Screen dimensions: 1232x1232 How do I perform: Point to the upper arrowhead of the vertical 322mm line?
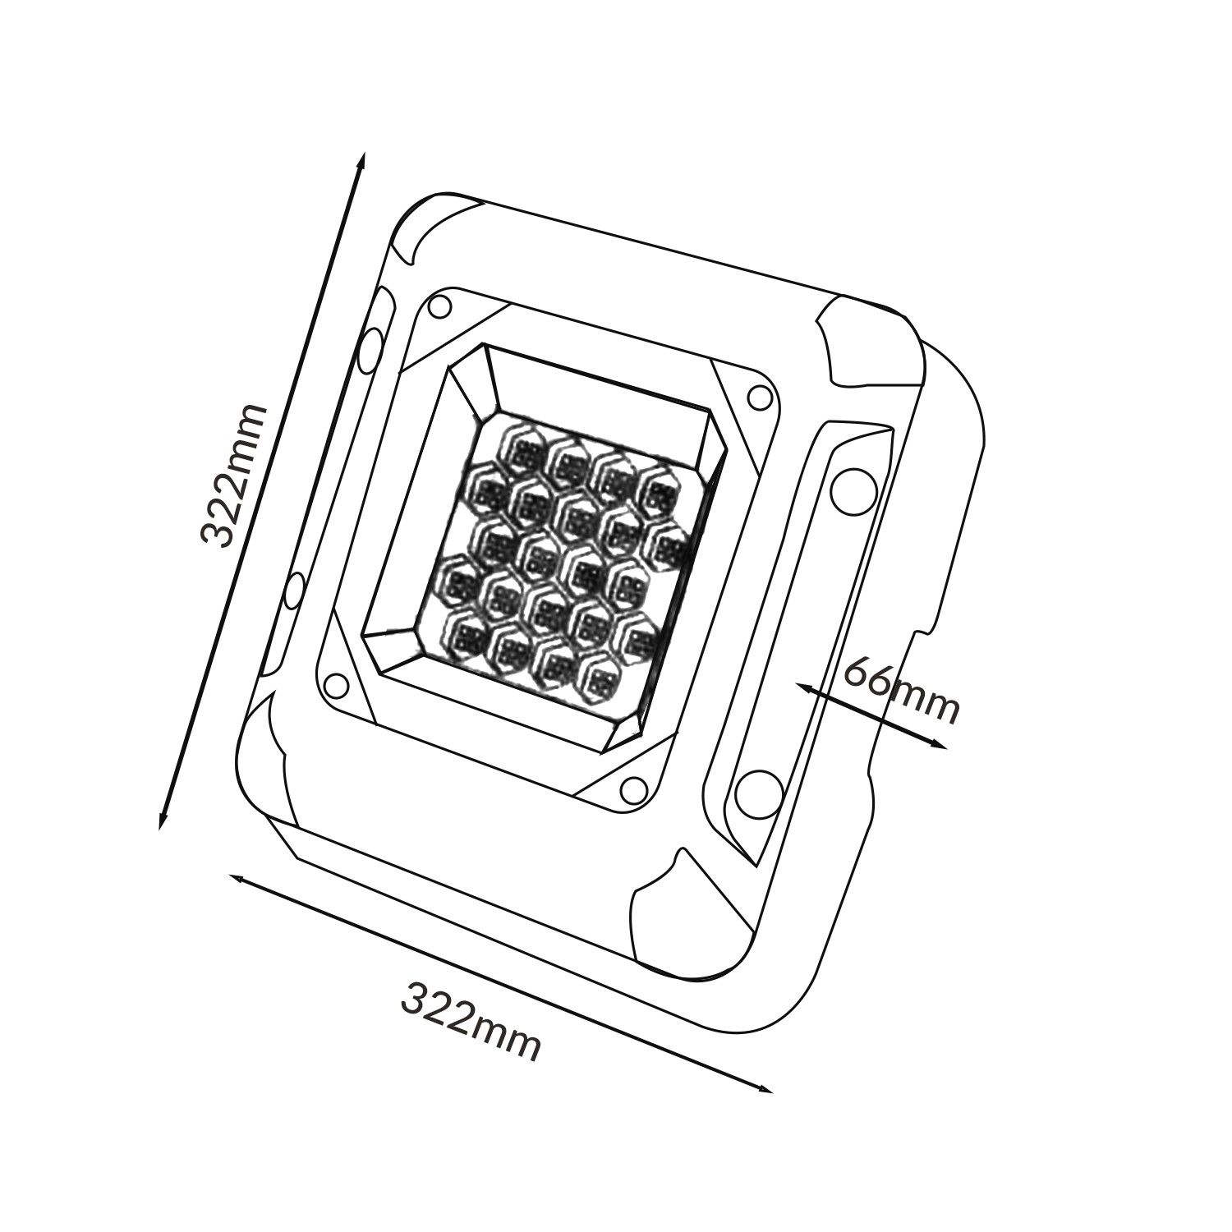(361, 162)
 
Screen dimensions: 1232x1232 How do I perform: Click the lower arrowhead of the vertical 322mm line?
(163, 819)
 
